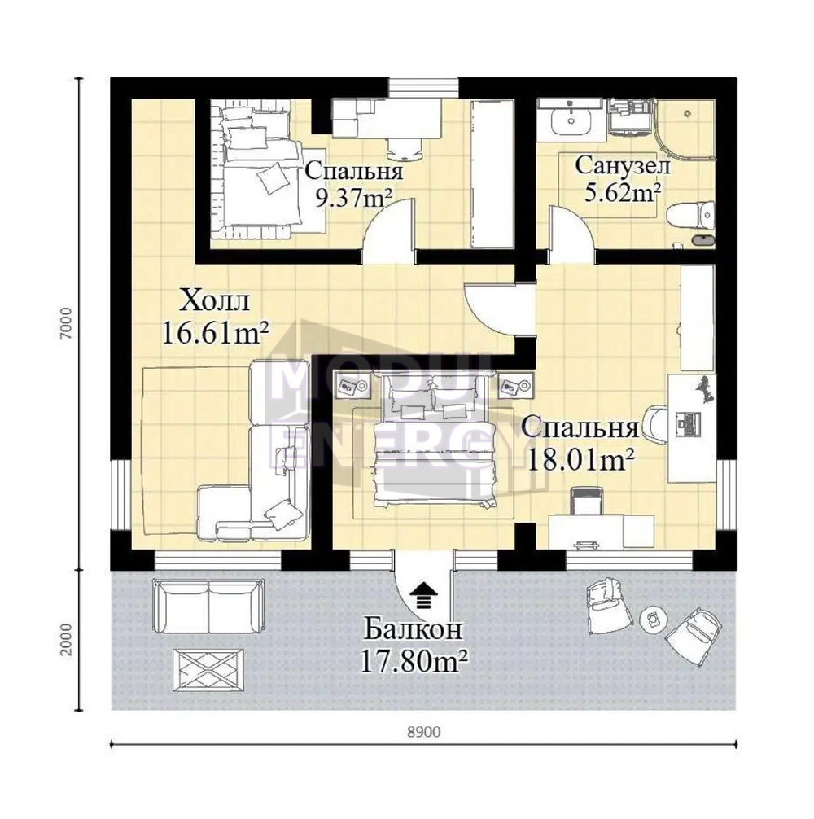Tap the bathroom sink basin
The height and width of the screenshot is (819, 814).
coord(571,120)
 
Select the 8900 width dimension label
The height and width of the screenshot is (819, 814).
coord(423,732)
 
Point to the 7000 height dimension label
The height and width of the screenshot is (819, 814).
coord(65,324)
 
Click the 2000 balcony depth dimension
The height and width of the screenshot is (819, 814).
coord(65,640)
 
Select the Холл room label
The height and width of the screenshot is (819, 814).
coord(214,302)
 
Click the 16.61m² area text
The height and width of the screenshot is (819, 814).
coord(216,333)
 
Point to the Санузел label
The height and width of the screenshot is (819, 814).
coord(623,165)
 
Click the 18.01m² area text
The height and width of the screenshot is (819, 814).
coord(581,460)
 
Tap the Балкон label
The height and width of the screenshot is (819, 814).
coord(413,629)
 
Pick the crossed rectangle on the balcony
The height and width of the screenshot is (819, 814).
coord(208,671)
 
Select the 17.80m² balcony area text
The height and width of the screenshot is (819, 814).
coord(414,661)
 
